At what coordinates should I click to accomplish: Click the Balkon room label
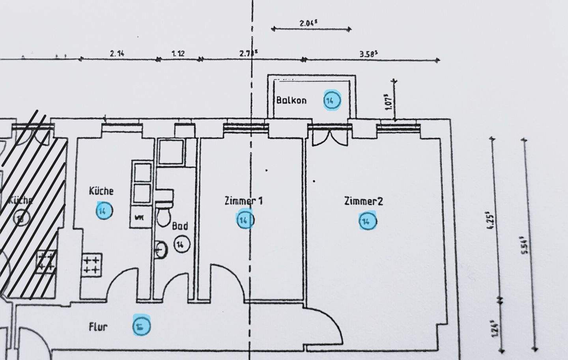(291, 100)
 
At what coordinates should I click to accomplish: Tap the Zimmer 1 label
(244, 201)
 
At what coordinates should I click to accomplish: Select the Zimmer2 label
(363, 201)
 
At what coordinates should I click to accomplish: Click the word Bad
(180, 226)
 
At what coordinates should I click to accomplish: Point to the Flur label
(98, 327)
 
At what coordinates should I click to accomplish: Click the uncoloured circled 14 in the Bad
(181, 244)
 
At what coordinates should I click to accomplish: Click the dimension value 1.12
(178, 54)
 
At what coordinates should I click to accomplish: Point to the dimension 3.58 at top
(368, 54)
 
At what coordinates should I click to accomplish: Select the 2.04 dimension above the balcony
(308, 23)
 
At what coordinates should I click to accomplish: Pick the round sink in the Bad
(161, 248)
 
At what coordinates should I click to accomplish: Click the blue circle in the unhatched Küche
(104, 211)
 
